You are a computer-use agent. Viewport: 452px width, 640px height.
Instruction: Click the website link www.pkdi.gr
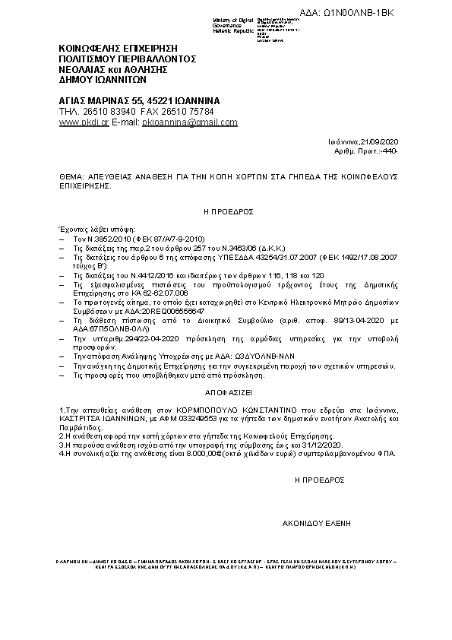84,122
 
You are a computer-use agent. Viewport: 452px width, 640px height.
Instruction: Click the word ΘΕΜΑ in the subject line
71,175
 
